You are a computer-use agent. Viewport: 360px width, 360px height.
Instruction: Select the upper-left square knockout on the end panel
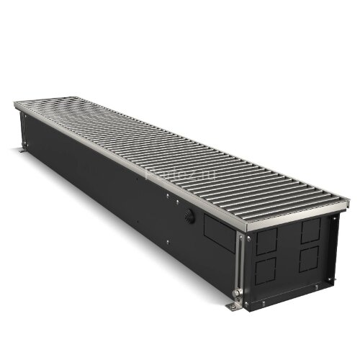(266, 241)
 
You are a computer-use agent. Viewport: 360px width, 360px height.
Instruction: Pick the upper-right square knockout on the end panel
(311, 230)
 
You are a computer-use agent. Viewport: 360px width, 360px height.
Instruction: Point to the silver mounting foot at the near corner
(234, 307)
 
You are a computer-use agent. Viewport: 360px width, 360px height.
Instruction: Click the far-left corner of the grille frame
(16, 104)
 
